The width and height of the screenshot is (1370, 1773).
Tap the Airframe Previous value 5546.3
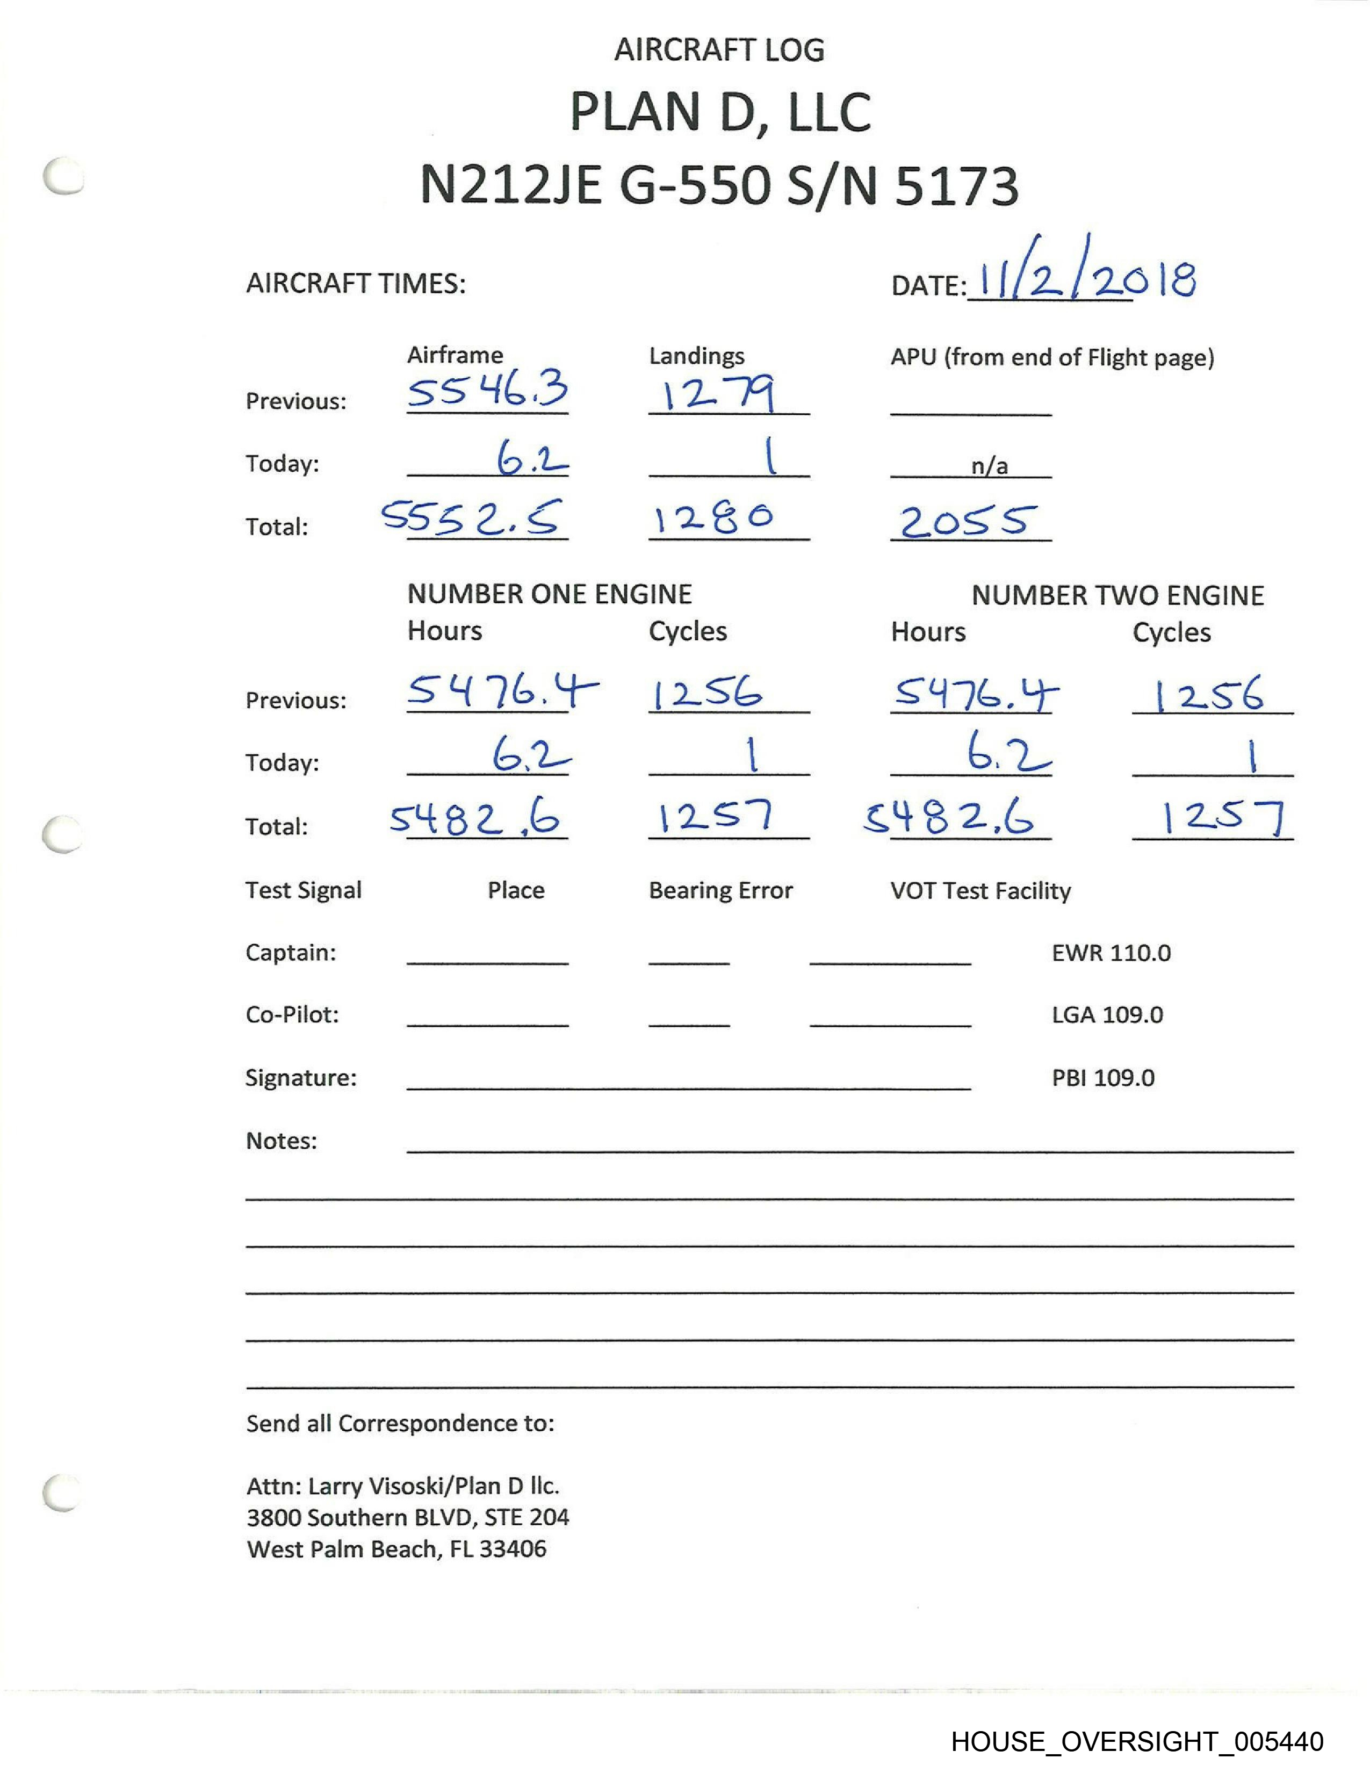[487, 391]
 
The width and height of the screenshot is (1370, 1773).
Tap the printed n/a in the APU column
[989, 465]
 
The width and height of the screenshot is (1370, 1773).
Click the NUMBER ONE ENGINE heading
[550, 594]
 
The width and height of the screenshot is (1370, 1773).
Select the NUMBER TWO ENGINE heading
[1117, 595]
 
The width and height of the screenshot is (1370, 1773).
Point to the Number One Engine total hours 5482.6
[475, 818]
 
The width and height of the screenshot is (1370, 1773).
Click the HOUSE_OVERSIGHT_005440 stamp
[1136, 1741]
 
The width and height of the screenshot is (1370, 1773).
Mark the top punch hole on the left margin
[64, 176]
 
